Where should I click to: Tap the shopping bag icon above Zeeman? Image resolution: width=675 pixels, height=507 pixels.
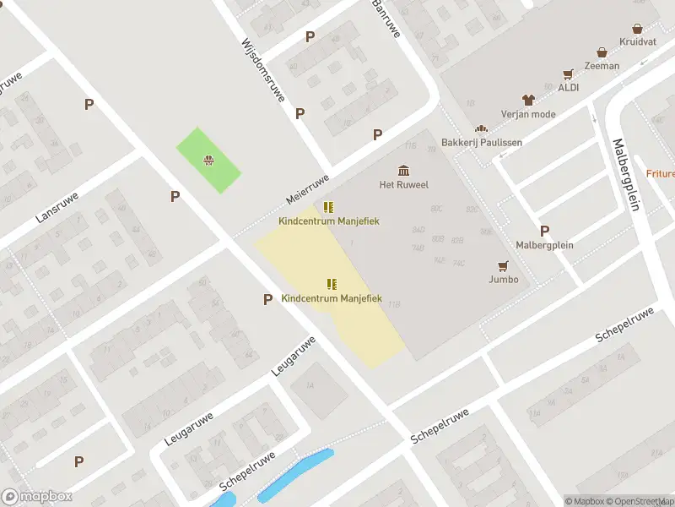(x=602, y=52)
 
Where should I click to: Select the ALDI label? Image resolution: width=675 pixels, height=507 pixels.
(x=567, y=87)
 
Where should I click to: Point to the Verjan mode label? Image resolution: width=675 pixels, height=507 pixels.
(x=528, y=113)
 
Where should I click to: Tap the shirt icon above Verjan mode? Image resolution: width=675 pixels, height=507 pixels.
(x=528, y=100)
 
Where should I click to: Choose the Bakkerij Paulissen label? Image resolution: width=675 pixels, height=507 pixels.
(x=482, y=142)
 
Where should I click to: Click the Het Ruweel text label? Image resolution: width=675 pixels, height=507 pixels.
(x=403, y=184)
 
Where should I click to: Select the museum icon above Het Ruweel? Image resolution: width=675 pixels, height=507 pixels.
(x=403, y=170)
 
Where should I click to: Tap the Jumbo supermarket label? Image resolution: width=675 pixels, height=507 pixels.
(x=503, y=279)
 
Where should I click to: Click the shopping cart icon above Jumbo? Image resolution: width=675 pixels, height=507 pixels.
(x=503, y=265)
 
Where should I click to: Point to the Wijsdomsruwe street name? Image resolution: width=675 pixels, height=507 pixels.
(x=262, y=81)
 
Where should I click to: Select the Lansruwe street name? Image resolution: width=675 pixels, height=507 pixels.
(x=57, y=206)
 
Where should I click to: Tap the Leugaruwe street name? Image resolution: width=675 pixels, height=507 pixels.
(x=293, y=356)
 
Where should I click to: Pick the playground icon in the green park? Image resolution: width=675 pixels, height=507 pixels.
(x=208, y=161)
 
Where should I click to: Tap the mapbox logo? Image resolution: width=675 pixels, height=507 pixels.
(x=36, y=497)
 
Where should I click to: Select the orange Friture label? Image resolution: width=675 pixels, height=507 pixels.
(x=661, y=173)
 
